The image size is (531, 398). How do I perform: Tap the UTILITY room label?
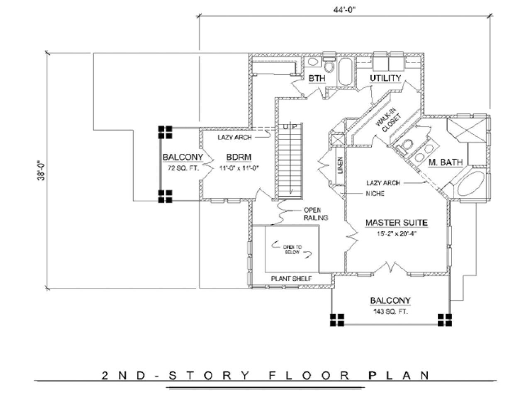click(385, 78)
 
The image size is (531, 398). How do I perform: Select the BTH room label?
click(317, 78)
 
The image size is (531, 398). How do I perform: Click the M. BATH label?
click(445, 163)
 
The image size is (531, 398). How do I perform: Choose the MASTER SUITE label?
click(396, 223)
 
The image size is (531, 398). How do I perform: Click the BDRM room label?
click(239, 158)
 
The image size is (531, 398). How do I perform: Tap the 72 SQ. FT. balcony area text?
click(183, 168)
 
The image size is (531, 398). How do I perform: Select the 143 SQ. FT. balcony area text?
click(390, 311)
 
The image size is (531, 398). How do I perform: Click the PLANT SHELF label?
click(291, 279)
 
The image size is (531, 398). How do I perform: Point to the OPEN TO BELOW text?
click(292, 250)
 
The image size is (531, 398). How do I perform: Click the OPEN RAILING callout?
click(315, 214)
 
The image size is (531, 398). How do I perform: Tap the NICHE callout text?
click(375, 193)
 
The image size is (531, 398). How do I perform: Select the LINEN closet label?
click(340, 165)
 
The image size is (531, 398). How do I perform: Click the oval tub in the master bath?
click(470, 185)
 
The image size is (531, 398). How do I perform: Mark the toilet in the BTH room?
click(329, 66)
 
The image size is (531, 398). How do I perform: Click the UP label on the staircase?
click(289, 126)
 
